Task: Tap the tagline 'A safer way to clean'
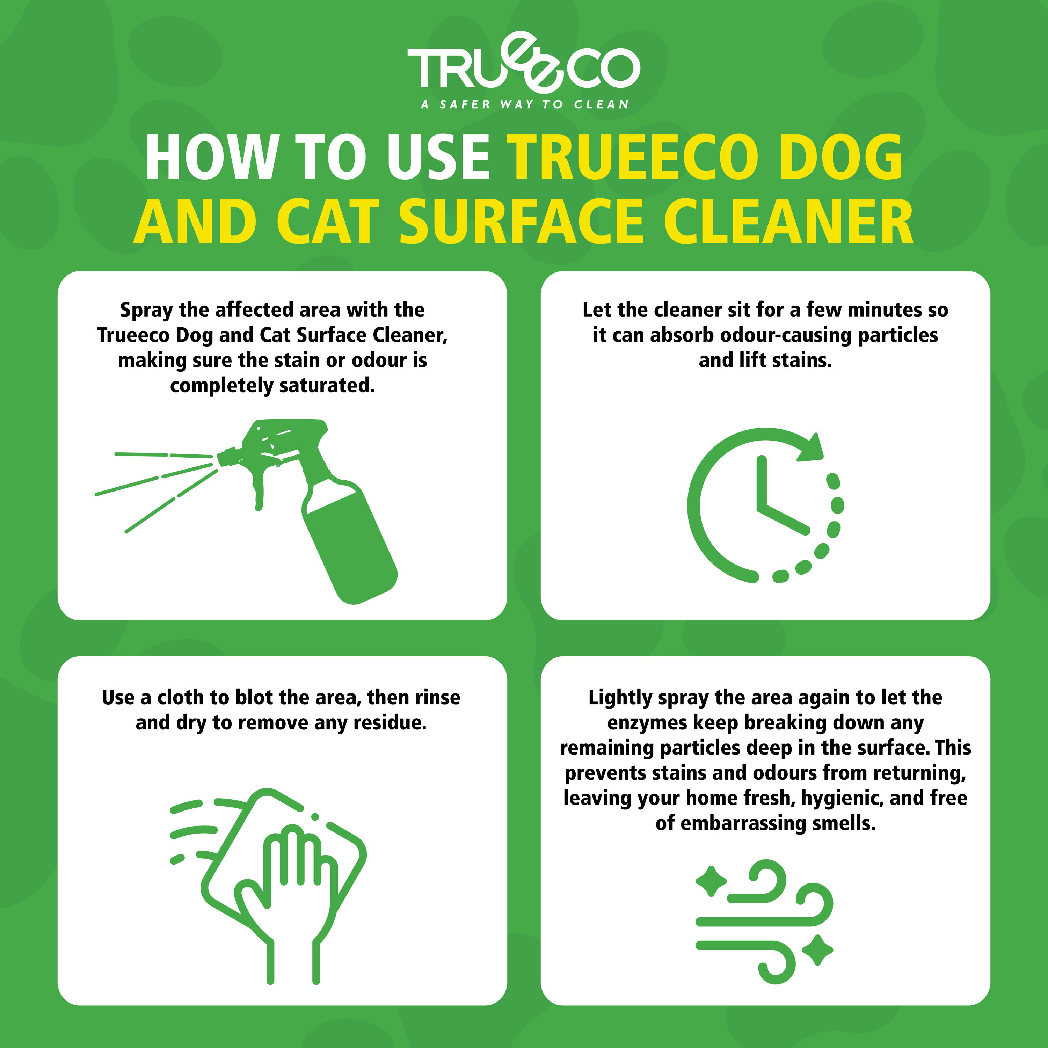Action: click(x=525, y=104)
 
